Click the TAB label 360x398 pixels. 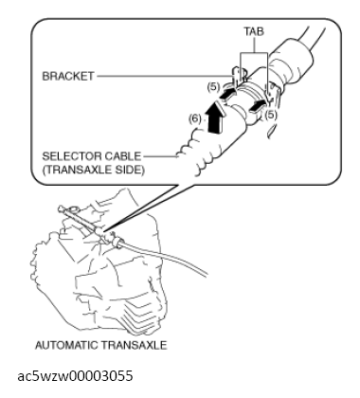point(254,31)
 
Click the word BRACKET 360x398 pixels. point(68,76)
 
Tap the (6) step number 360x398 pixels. point(195,119)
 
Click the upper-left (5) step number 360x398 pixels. point(213,86)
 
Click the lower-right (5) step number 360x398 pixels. point(271,115)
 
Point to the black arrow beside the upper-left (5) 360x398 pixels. point(226,94)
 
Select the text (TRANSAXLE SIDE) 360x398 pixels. point(94,170)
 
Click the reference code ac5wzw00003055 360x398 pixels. point(75,376)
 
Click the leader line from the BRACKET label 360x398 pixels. point(163,76)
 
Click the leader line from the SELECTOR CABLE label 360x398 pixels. point(160,155)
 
